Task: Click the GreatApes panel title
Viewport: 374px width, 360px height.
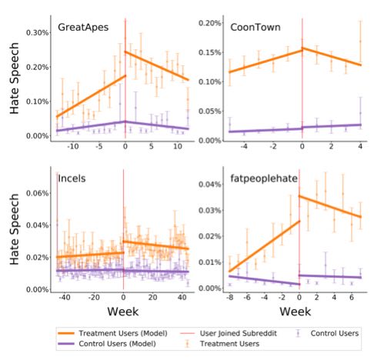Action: (x=83, y=27)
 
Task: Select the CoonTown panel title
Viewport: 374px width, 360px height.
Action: (x=255, y=27)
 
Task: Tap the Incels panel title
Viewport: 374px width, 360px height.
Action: (x=72, y=178)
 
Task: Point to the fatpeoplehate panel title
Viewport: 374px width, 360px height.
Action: (x=264, y=178)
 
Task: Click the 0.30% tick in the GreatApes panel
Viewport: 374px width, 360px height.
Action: (x=37, y=33)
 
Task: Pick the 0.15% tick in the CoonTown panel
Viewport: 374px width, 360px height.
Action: (x=209, y=52)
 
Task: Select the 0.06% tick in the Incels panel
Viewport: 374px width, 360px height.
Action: (x=37, y=193)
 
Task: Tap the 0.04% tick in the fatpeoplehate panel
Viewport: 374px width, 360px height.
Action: (x=209, y=185)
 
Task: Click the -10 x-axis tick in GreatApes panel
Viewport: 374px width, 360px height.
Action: (x=72, y=147)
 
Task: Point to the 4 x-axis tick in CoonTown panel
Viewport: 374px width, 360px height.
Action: (x=360, y=147)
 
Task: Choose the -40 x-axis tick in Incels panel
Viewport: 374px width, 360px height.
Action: (x=65, y=298)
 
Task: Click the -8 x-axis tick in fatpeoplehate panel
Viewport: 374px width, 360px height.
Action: (x=230, y=298)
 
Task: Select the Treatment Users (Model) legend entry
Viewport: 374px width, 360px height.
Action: (x=113, y=333)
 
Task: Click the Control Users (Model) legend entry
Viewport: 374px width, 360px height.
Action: (x=107, y=344)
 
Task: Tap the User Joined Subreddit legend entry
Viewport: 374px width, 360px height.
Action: (x=229, y=333)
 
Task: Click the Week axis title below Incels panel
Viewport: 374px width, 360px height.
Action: (x=123, y=312)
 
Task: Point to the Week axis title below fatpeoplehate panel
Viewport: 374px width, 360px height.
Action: (x=296, y=312)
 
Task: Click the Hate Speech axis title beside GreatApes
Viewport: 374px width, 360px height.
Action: (x=15, y=78)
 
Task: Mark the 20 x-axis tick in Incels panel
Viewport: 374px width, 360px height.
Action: (x=153, y=298)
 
